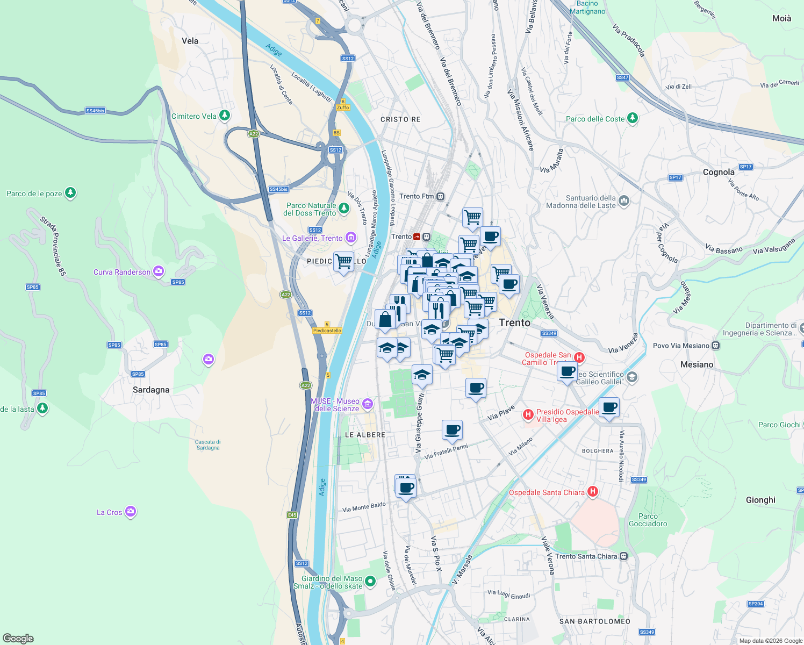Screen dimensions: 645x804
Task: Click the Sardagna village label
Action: point(151,390)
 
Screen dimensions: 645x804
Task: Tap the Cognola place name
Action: point(719,172)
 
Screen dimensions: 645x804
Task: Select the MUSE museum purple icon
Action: point(368,404)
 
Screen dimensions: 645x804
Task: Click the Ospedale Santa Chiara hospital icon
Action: point(593,491)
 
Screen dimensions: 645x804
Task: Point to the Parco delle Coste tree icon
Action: point(633,118)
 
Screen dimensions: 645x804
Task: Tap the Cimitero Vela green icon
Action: point(225,116)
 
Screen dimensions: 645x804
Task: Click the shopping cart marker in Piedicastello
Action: point(344,262)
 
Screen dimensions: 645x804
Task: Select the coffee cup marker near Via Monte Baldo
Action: point(407,488)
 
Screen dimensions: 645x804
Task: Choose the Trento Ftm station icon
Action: point(441,196)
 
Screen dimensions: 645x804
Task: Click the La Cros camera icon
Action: point(131,512)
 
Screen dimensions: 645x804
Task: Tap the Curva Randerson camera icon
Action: point(159,271)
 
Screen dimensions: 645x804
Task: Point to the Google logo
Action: point(18,638)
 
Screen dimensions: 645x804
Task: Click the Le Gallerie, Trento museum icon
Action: point(350,237)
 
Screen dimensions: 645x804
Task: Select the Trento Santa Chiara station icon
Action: point(623,556)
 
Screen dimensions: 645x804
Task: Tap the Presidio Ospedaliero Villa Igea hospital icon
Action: point(528,414)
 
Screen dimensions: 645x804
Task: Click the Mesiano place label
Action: point(697,364)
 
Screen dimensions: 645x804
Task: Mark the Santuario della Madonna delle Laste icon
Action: point(623,201)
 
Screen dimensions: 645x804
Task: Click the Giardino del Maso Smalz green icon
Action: point(370,581)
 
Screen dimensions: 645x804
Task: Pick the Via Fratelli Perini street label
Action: point(446,451)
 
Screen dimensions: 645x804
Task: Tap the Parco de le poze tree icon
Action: point(70,193)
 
